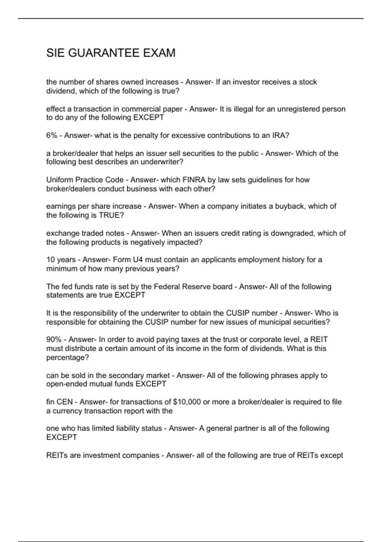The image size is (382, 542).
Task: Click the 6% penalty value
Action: [52, 135]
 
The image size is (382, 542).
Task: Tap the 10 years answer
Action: [61, 260]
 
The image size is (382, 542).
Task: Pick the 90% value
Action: [53, 340]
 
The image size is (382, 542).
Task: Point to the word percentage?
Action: [67, 358]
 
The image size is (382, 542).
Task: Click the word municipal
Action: [275, 322]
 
